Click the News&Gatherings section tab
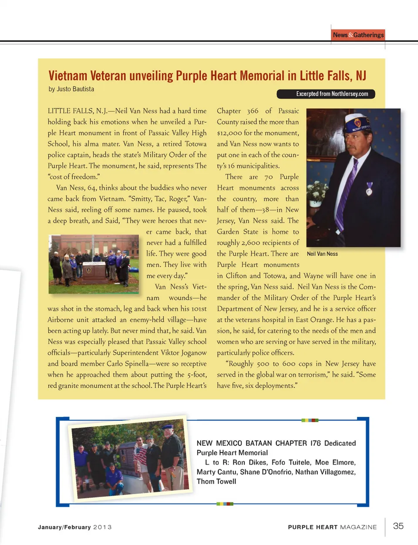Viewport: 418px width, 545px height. [x=358, y=35]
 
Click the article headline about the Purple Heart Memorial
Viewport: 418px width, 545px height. [x=207, y=76]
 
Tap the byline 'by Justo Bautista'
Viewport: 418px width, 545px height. [x=71, y=89]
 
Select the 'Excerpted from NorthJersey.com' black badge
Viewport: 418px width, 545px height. [x=326, y=94]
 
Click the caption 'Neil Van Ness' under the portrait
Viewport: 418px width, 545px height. [x=322, y=254]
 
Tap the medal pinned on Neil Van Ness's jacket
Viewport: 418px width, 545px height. [x=369, y=188]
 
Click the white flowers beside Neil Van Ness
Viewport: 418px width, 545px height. [x=317, y=192]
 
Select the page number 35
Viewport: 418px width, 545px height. [x=398, y=526]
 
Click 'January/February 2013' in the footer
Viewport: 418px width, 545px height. [x=74, y=527]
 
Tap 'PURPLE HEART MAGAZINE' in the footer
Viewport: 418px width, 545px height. [x=332, y=527]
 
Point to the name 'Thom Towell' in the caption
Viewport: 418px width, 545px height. [x=216, y=481]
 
